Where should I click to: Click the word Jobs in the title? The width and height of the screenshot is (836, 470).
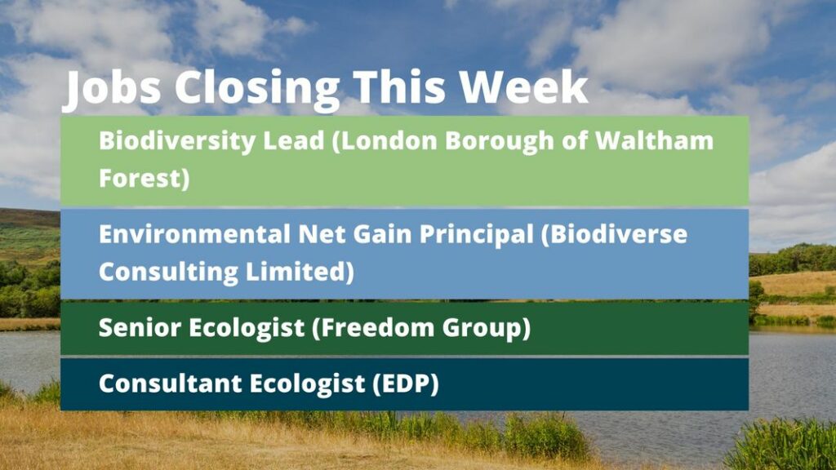(x=113, y=87)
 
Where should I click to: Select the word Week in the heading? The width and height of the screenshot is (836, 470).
(x=524, y=86)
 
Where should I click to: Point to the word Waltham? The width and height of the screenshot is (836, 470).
(x=654, y=140)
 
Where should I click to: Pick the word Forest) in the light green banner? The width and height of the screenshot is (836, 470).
(x=145, y=178)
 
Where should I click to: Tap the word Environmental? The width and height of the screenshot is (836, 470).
(x=194, y=234)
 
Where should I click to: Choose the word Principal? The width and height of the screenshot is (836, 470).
(x=476, y=235)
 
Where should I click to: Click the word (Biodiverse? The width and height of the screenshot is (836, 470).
(x=614, y=235)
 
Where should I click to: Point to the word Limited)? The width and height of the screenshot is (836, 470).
(x=300, y=272)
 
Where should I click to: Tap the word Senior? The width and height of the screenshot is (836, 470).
(x=140, y=328)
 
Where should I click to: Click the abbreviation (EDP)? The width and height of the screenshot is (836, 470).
(x=406, y=384)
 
